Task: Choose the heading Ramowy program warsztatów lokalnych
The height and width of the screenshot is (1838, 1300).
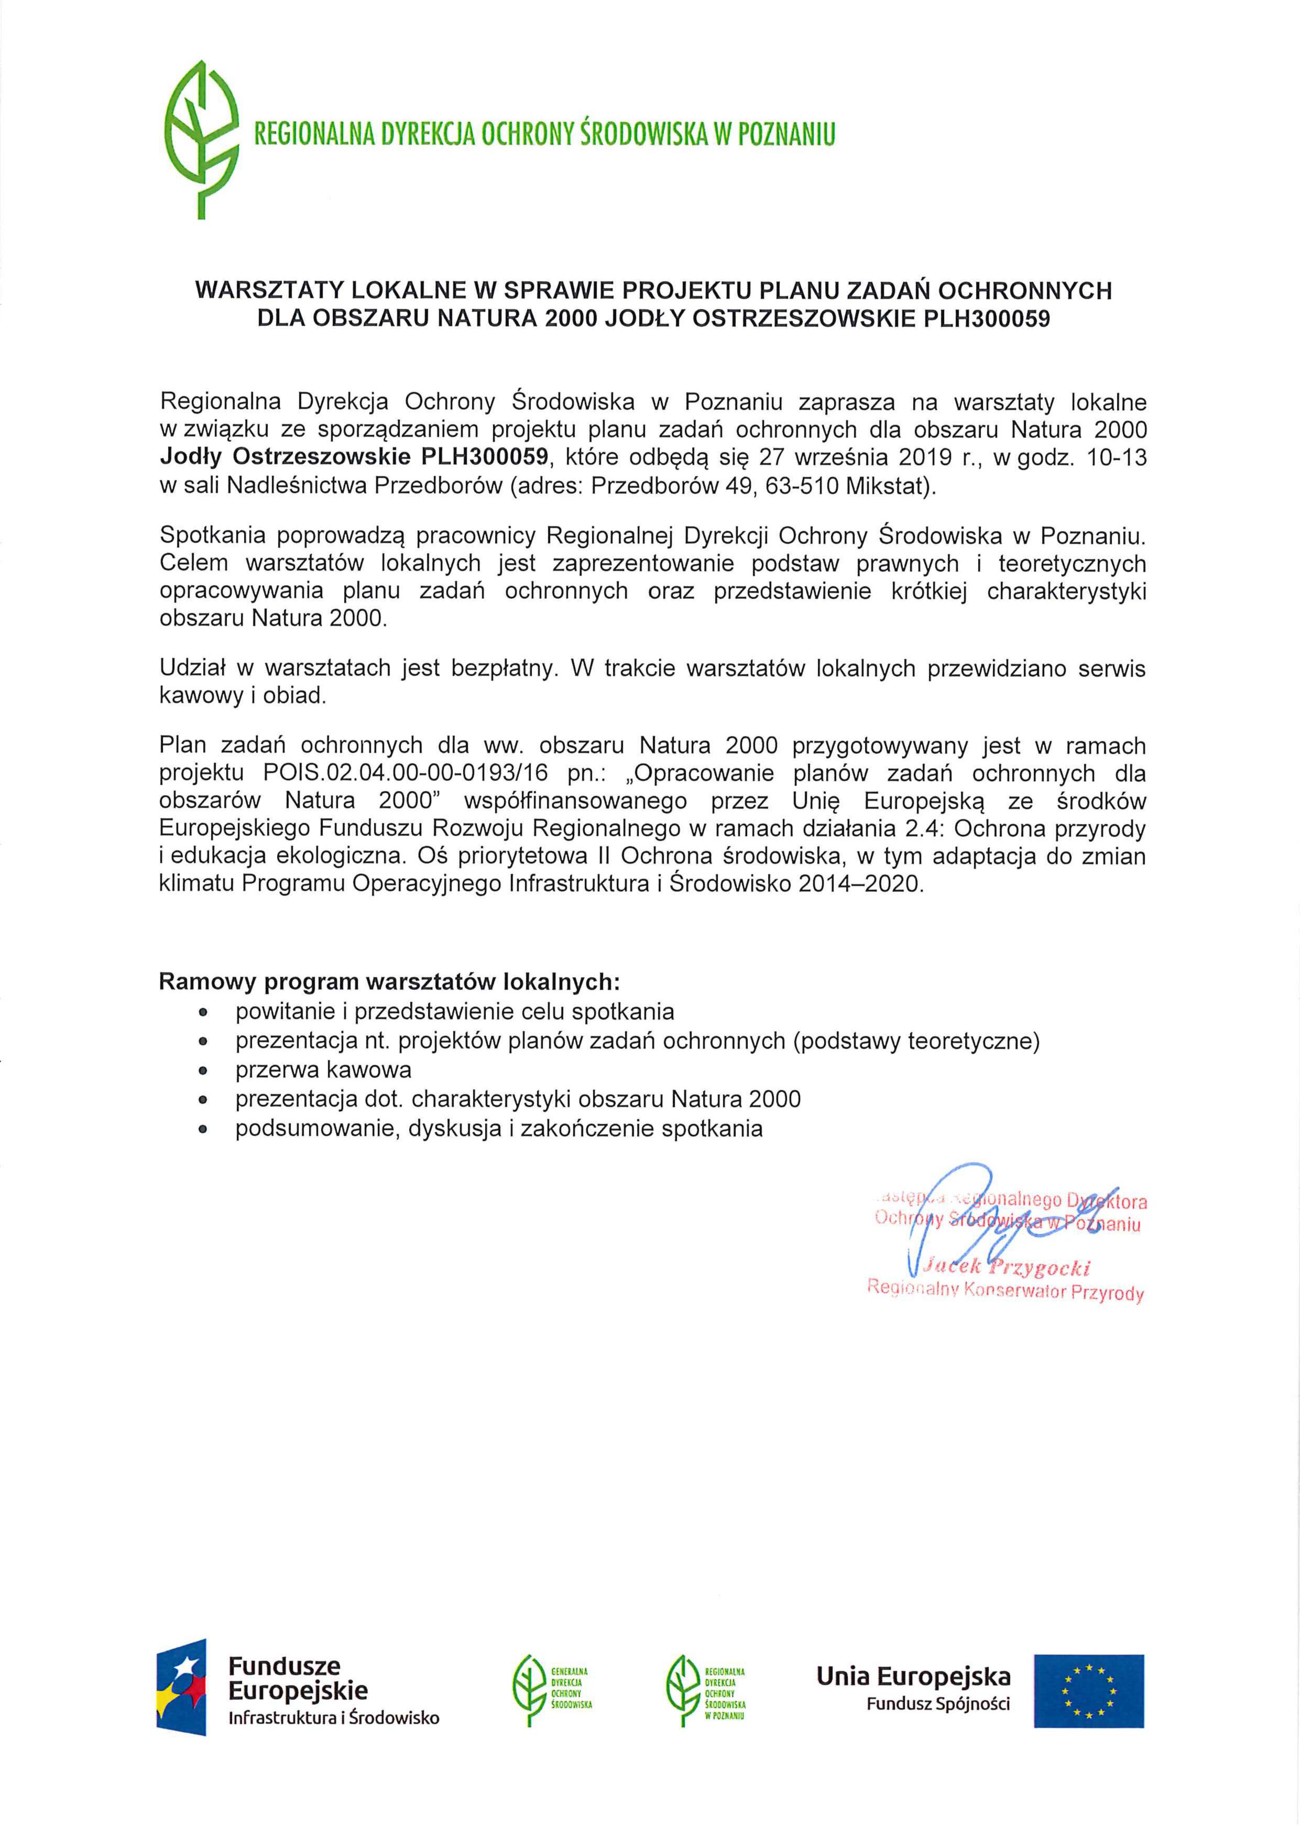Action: click(x=389, y=981)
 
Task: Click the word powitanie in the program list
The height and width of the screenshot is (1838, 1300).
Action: click(x=280, y=1012)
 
